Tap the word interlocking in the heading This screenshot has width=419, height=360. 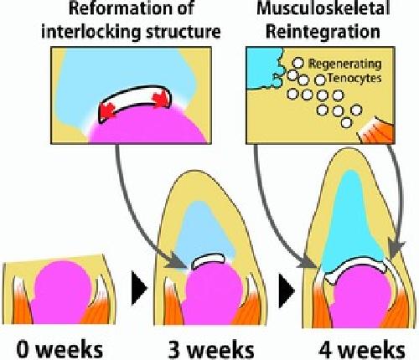pyautogui.click(x=91, y=31)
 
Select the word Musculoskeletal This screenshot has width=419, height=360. pyautogui.click(x=323, y=8)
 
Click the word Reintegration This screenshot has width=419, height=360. pyautogui.click(x=323, y=31)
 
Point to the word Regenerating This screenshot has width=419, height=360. pyautogui.click(x=344, y=64)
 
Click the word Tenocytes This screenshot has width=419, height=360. pyautogui.click(x=354, y=78)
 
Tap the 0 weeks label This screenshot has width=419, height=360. pyautogui.click(x=59, y=349)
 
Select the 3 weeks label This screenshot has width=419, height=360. pyautogui.click(x=211, y=349)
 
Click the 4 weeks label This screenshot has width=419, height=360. pyautogui.click(x=362, y=349)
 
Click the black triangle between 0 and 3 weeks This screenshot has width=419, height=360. pyautogui.click(x=139, y=288)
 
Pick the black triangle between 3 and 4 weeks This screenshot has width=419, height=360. pyautogui.click(x=287, y=291)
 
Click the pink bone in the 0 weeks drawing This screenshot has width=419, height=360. pyautogui.click(x=62, y=293)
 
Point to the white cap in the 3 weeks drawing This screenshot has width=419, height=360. pyautogui.click(x=208, y=260)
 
